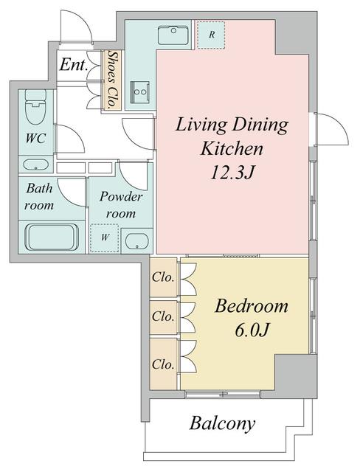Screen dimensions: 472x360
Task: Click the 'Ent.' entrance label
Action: pyautogui.click(x=75, y=66)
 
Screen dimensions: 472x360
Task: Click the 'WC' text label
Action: pyautogui.click(x=35, y=138)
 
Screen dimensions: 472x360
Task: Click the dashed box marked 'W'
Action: pyautogui.click(x=105, y=238)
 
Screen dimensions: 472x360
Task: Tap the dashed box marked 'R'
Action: pyautogui.click(x=212, y=35)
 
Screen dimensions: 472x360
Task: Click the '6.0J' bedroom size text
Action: pyautogui.click(x=251, y=331)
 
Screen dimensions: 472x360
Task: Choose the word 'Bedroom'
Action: pyautogui.click(x=251, y=306)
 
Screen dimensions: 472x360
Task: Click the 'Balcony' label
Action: pyautogui.click(x=222, y=423)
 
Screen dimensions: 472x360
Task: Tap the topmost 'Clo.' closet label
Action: pyautogui.click(x=163, y=279)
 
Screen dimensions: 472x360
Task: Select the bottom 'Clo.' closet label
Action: pyautogui.click(x=163, y=364)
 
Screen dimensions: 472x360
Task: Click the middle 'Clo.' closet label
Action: pyautogui.click(x=163, y=317)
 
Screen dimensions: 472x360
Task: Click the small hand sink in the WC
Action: pyautogui.click(x=35, y=164)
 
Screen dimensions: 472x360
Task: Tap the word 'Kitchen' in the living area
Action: pyautogui.click(x=232, y=149)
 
